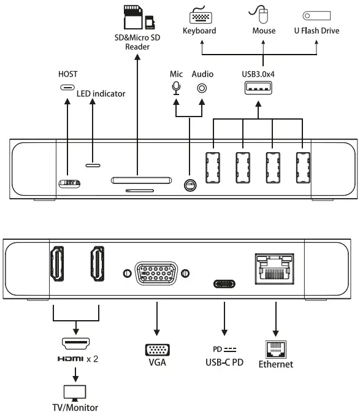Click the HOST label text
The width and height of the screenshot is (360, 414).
coord(69,74)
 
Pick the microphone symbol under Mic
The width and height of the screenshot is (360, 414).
coord(176,88)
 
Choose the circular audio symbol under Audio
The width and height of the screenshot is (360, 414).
coord(202,88)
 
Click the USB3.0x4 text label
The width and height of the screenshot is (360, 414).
coord(258,75)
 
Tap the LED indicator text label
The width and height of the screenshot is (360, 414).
coord(101,94)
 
